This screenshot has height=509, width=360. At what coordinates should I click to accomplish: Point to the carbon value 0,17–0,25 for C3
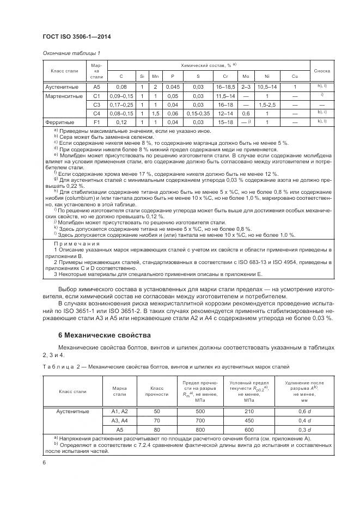click(121, 105)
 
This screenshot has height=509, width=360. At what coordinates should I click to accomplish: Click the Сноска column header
click(322, 71)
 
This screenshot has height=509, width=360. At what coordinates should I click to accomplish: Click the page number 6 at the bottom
click(44, 462)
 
